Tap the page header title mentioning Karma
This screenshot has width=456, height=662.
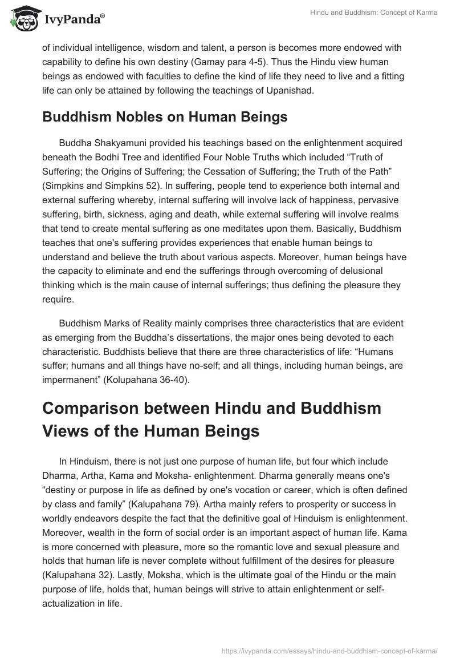click(x=374, y=13)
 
